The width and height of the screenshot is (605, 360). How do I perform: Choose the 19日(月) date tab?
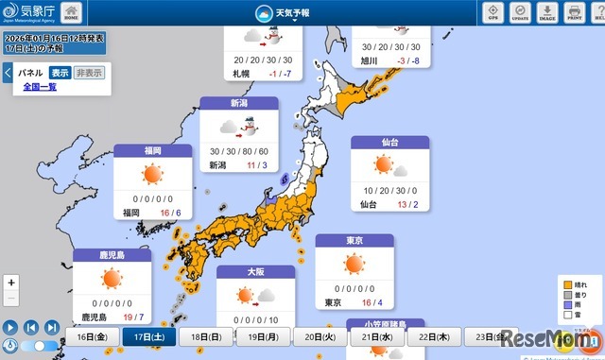click(265, 337)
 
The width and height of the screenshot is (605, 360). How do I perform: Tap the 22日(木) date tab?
click(437, 337)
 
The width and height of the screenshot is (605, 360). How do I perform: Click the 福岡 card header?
click(153, 151)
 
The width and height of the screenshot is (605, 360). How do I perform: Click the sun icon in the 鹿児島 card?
click(111, 279)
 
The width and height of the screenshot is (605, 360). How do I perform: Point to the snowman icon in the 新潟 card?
click(252, 129)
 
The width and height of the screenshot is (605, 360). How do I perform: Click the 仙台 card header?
click(390, 143)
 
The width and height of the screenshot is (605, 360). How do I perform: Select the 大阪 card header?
click(256, 272)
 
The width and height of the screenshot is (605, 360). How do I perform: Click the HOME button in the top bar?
click(72, 12)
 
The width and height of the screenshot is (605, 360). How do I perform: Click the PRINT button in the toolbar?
click(574, 12)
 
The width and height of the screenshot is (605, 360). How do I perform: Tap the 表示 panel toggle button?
click(60, 73)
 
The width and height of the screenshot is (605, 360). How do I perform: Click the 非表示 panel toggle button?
click(90, 73)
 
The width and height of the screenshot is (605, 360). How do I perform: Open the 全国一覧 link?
click(40, 87)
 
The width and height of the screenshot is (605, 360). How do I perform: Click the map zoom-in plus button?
click(11, 283)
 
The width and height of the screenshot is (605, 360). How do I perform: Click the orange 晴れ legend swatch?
click(566, 283)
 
